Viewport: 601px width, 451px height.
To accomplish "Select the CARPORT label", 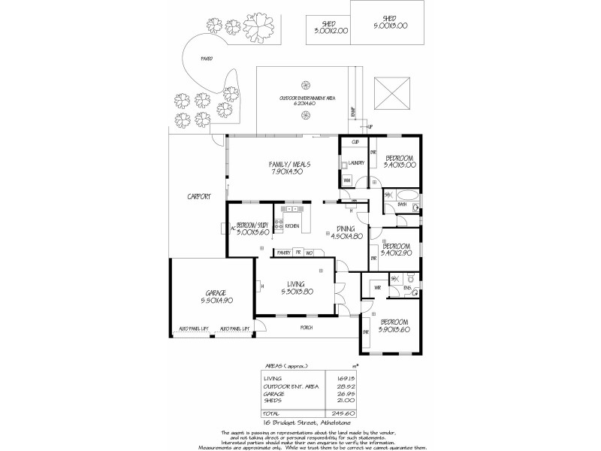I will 198,197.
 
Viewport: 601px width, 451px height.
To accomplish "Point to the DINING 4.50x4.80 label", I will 346,232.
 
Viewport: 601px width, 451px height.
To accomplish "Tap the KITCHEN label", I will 292,225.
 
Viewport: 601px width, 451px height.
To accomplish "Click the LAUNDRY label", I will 355,162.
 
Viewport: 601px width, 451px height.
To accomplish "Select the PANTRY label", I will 283,253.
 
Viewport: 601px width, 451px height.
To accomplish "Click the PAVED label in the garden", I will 206,59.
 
